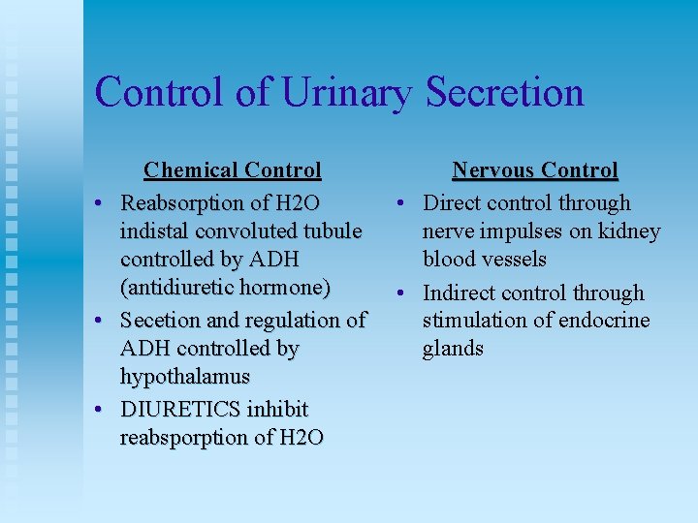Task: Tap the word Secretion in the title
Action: (505, 93)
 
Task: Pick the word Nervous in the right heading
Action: (491, 171)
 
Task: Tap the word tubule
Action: (333, 231)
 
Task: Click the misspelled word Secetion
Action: (159, 320)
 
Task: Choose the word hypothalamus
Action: (185, 376)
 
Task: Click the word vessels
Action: (513, 260)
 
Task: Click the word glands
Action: (453, 349)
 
